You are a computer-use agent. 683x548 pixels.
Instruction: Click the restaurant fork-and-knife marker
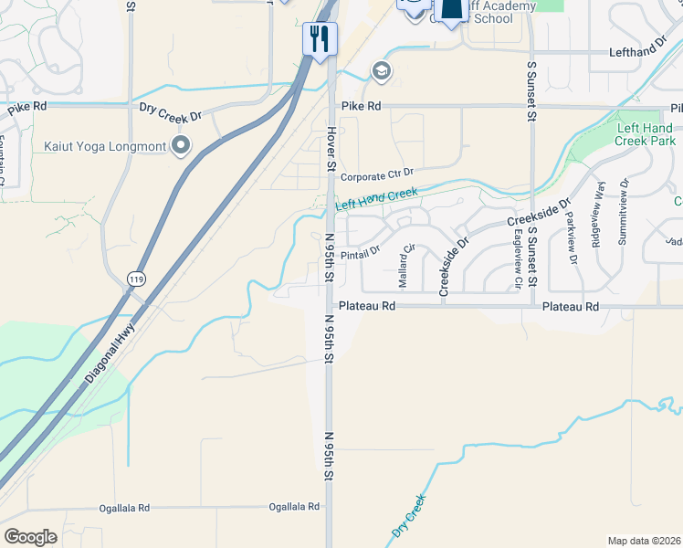[x=320, y=38]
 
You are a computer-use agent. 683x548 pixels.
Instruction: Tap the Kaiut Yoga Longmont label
[x=104, y=146]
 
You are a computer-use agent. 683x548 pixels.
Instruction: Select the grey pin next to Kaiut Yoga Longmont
[x=181, y=145]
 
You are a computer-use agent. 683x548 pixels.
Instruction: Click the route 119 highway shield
[x=135, y=279]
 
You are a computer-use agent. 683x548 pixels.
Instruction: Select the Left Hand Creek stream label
[x=376, y=200]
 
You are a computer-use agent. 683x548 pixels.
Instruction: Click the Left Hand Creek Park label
[x=646, y=135]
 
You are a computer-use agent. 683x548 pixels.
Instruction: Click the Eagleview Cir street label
[x=518, y=259]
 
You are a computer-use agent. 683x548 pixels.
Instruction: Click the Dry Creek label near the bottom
[x=408, y=516]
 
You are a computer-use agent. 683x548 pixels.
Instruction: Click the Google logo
[x=31, y=536]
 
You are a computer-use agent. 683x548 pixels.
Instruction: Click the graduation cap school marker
[x=380, y=70]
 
